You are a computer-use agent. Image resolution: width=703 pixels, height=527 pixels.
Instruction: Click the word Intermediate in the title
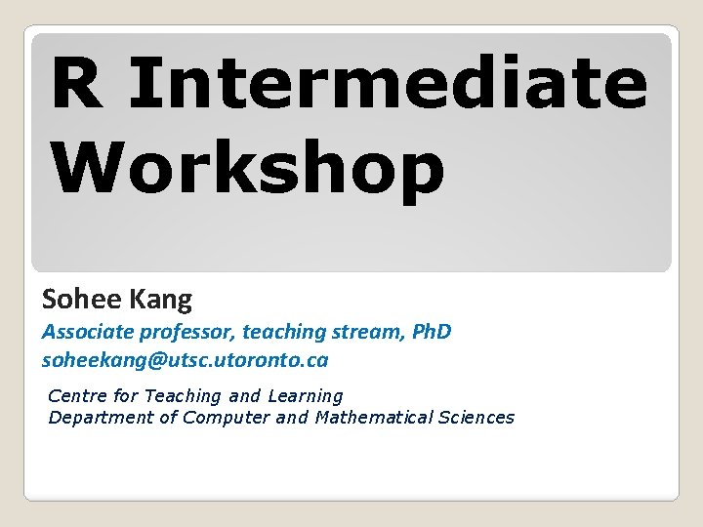387,84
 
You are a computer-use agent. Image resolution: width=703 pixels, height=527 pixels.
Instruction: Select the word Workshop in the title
248,168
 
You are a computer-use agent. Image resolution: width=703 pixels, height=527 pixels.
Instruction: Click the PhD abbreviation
432,332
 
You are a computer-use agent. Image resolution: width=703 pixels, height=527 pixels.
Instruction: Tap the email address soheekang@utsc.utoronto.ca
185,360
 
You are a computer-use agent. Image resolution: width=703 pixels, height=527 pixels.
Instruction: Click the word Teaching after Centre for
183,395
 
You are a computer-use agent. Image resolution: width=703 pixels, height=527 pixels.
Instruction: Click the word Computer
227,418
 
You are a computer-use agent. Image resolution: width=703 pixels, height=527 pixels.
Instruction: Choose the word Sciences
477,418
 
